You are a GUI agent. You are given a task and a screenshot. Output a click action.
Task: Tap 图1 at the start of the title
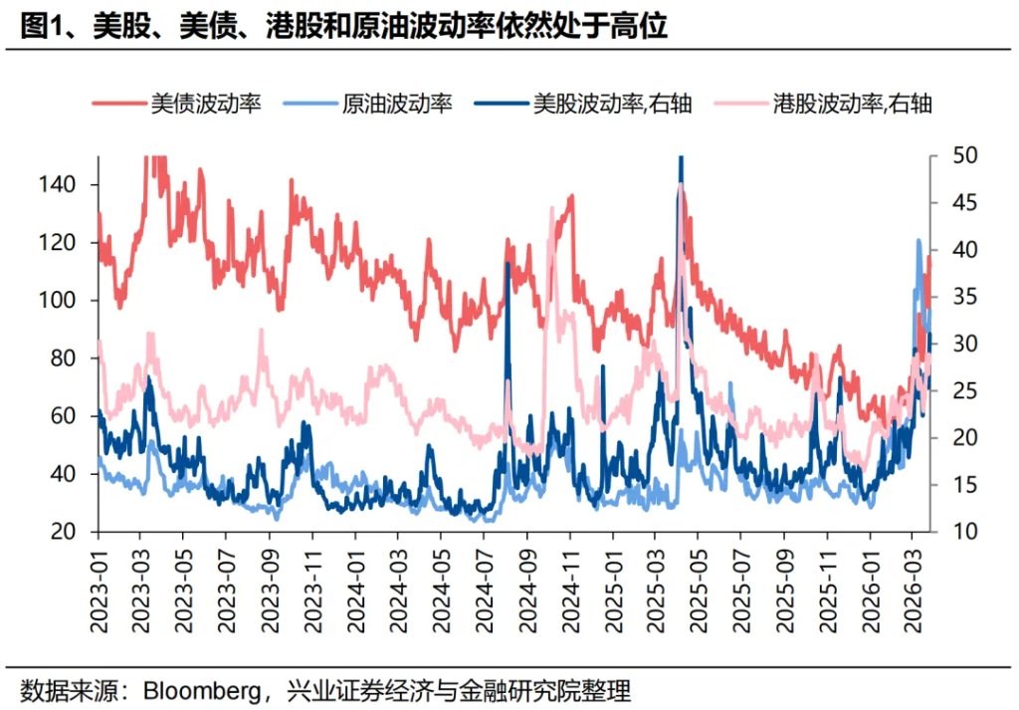pyautogui.click(x=41, y=27)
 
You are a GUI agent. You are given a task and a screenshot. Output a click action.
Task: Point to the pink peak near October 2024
pyautogui.click(x=552, y=208)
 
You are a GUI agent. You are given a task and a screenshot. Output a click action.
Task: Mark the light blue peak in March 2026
pyautogui.click(x=918, y=240)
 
